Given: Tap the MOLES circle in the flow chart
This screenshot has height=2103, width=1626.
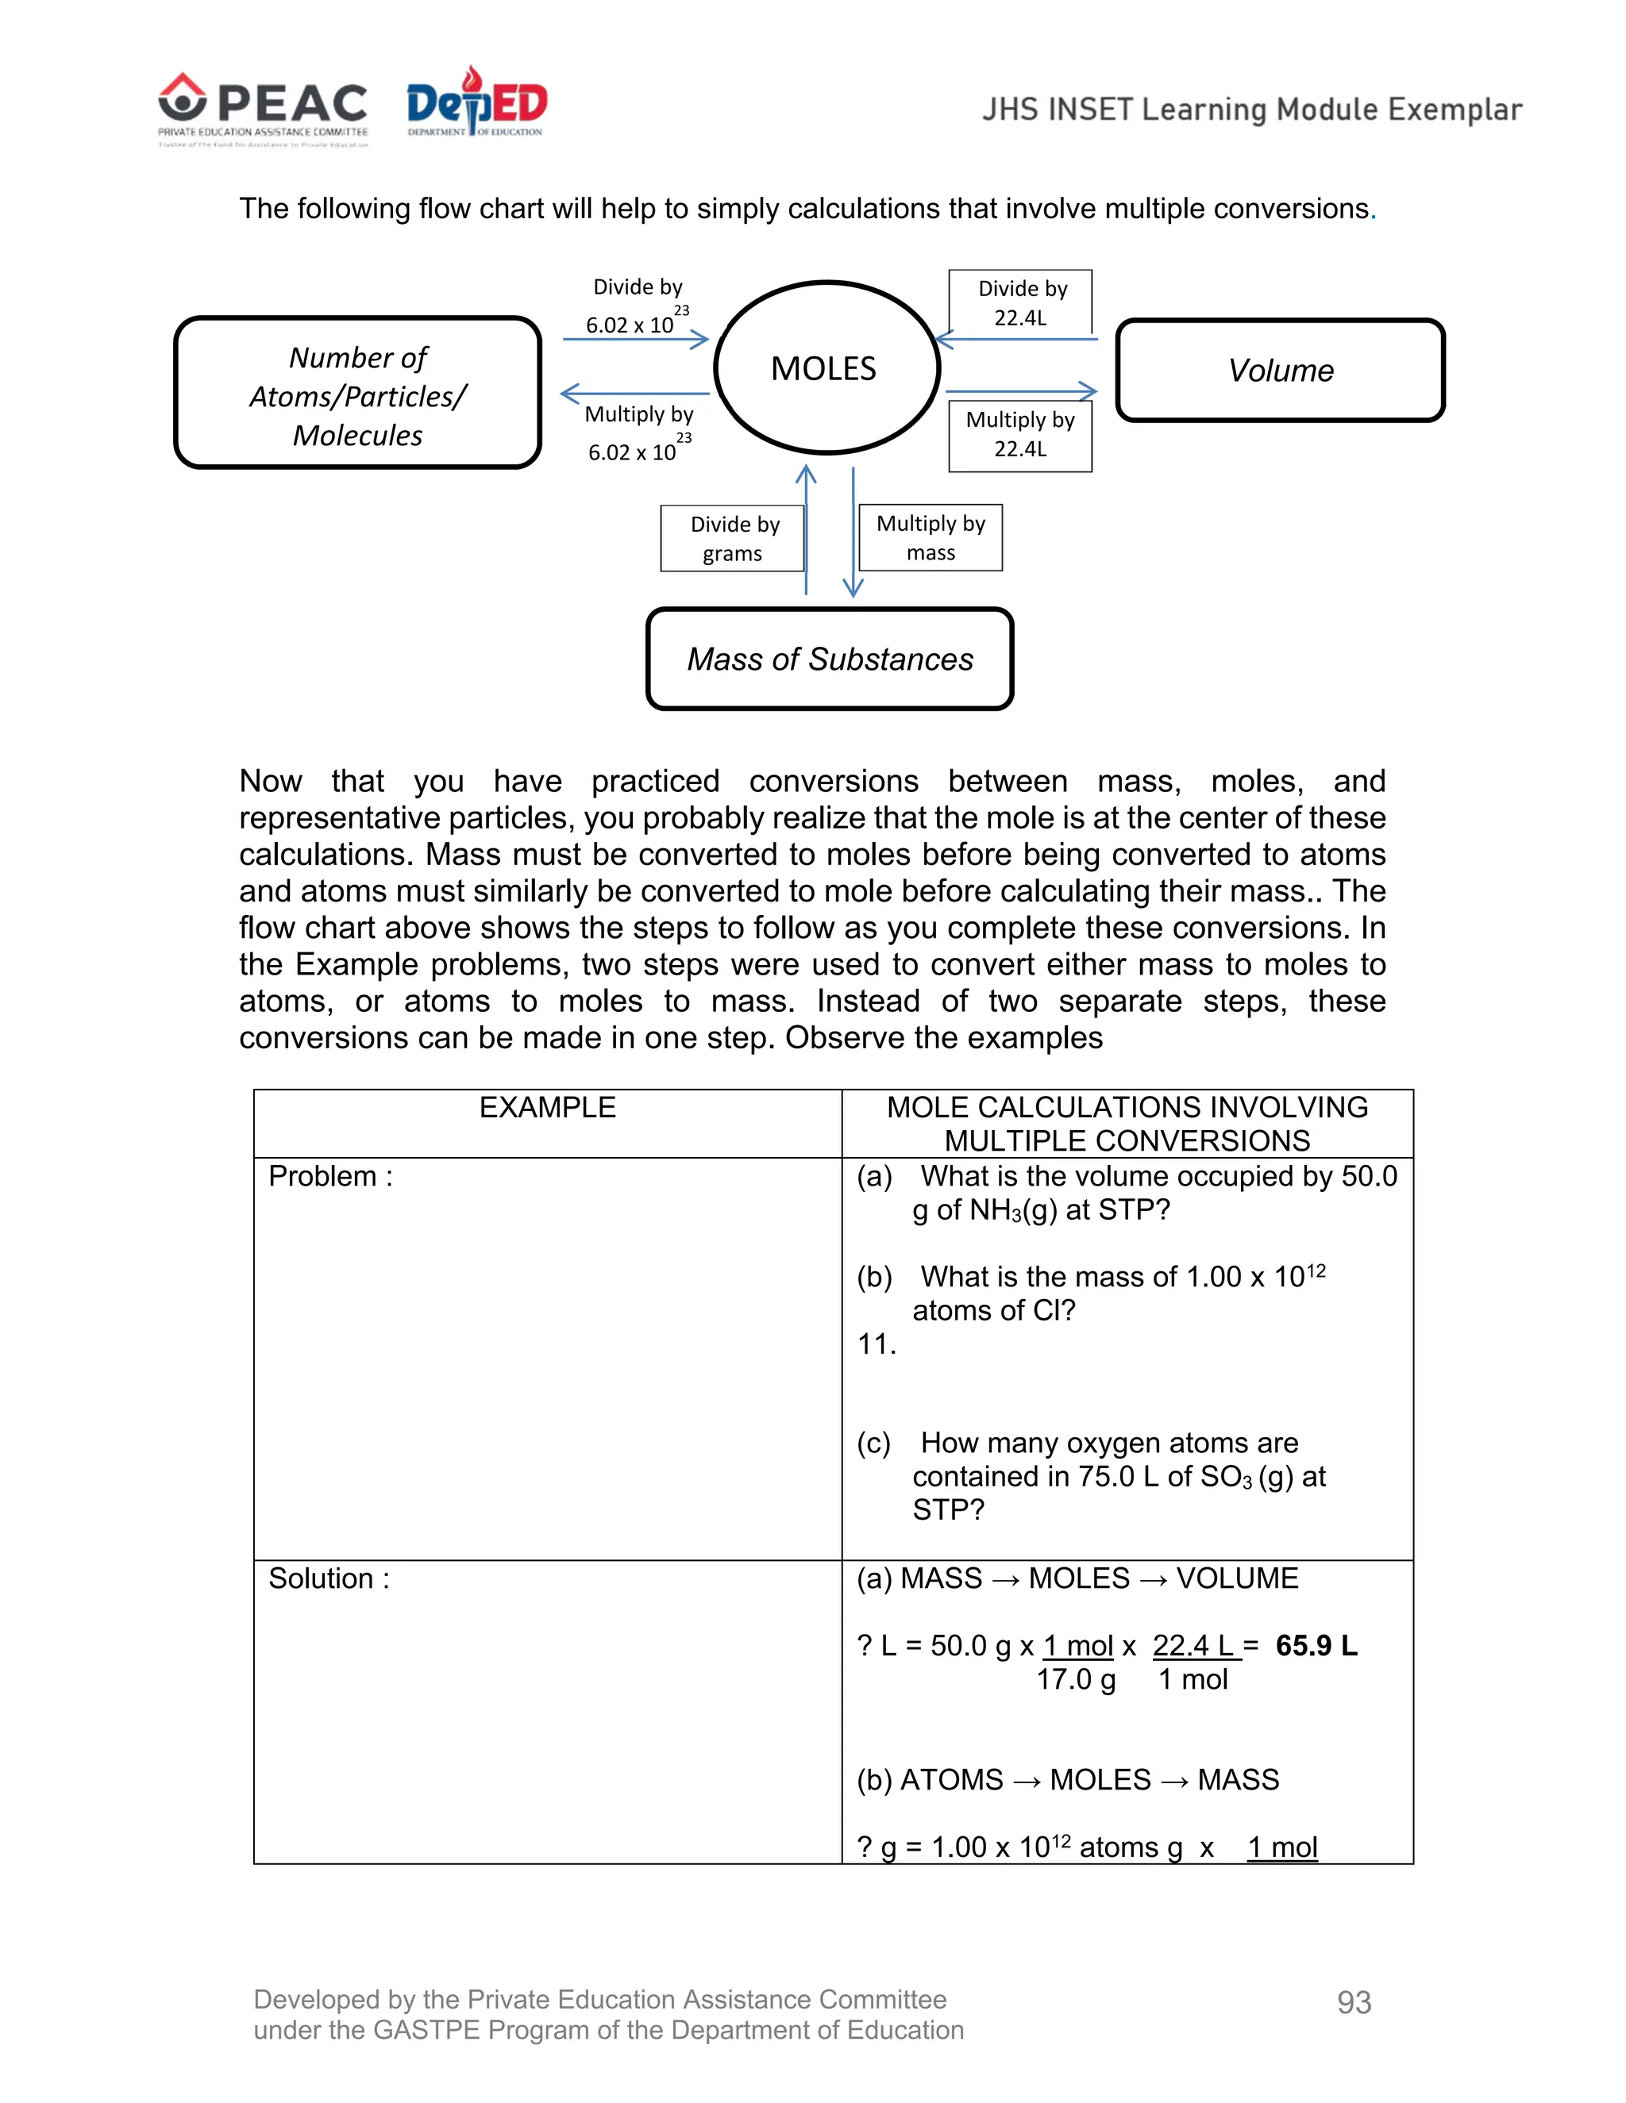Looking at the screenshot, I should click(x=826, y=368).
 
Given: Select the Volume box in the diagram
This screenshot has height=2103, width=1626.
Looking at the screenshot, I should click(x=1280, y=371).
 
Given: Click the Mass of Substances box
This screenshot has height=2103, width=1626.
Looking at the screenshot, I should click(x=830, y=659).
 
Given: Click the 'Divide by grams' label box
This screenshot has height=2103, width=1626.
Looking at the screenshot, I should click(x=733, y=538).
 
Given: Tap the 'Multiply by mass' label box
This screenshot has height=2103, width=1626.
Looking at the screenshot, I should click(x=931, y=537).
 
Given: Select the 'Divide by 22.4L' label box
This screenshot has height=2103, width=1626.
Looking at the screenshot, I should click(x=1021, y=302).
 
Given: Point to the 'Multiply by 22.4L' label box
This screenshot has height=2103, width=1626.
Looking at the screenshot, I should click(x=1020, y=434).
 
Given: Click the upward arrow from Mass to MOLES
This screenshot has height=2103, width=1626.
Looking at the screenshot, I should click(x=807, y=529).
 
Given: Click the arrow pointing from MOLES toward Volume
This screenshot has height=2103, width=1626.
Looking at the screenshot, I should click(x=1021, y=391).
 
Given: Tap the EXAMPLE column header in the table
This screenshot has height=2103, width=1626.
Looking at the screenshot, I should click(x=547, y=1107).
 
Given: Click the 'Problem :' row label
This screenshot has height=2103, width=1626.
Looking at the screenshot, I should click(x=330, y=1177).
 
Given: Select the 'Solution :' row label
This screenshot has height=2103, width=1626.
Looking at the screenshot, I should click(x=329, y=1578).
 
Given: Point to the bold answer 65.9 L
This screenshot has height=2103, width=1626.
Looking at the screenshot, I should click(x=1316, y=1646).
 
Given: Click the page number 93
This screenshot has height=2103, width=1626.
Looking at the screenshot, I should click(x=1354, y=2003).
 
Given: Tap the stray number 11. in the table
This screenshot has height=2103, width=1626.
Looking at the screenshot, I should click(x=877, y=1344).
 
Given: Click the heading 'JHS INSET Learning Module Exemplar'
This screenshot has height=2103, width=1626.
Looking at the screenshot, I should click(x=1251, y=110).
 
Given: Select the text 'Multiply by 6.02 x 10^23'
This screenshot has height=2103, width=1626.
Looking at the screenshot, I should click(x=638, y=433).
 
